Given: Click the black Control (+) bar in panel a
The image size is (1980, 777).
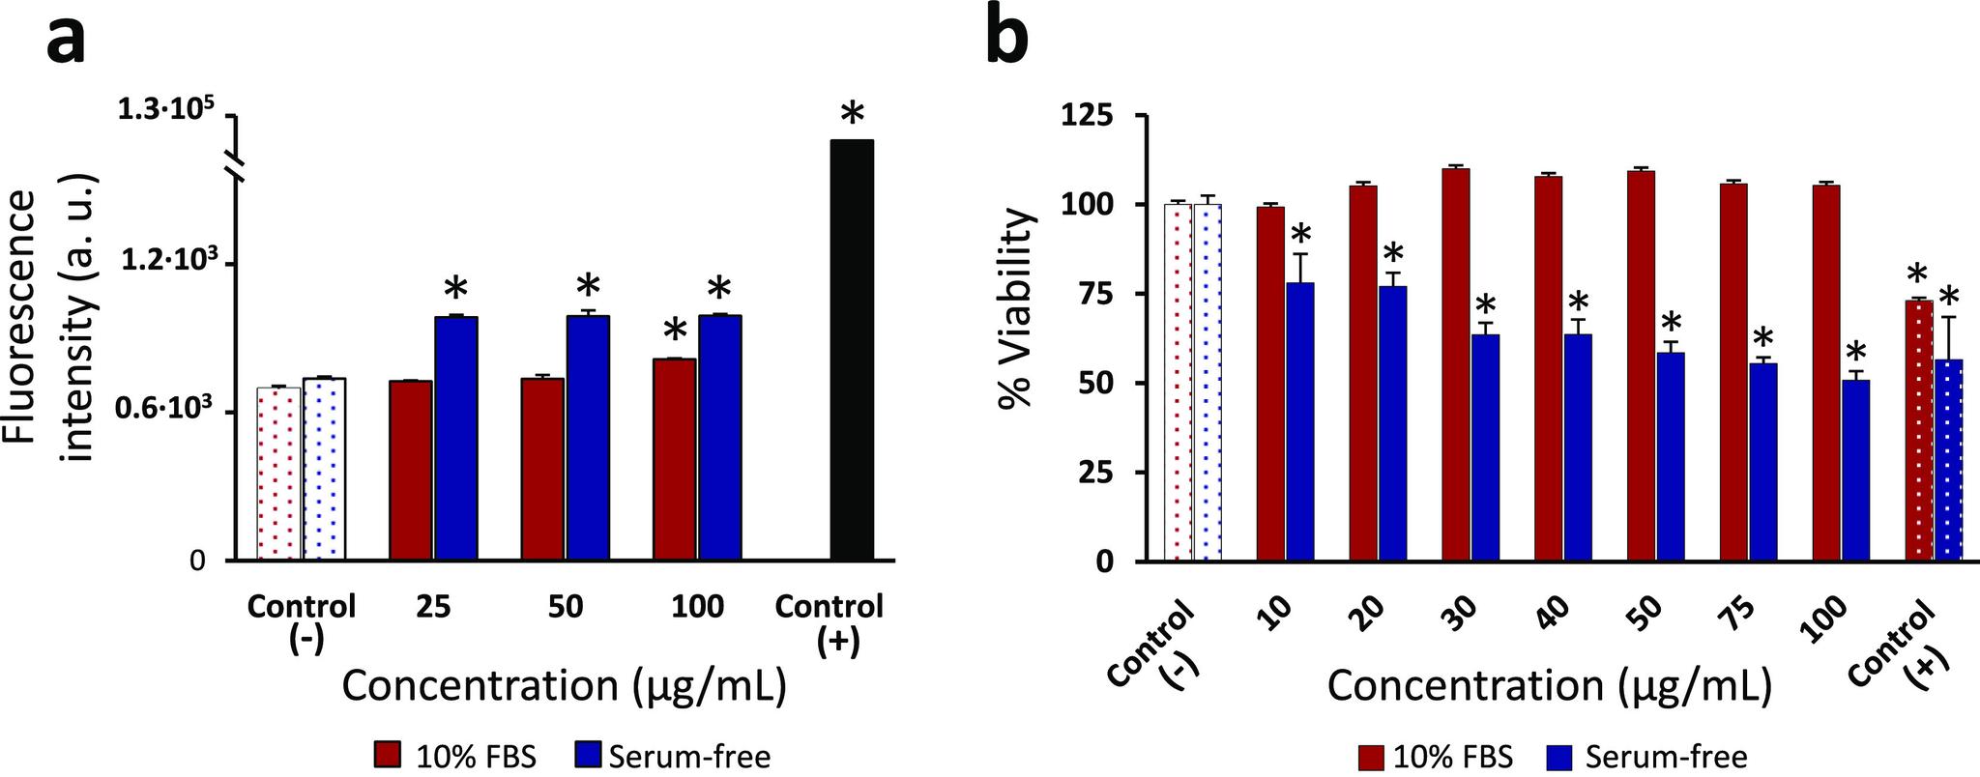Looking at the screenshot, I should tap(852, 350).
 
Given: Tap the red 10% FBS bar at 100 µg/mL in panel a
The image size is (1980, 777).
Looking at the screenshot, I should tap(674, 459).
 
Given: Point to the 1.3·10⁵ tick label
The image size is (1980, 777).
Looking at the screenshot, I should tap(162, 111).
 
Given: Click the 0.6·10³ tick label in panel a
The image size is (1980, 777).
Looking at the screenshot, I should tap(163, 412).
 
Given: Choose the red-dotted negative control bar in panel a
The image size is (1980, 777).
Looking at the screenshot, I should tap(277, 474).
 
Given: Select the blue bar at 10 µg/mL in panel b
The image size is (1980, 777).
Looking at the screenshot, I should tap(1300, 421).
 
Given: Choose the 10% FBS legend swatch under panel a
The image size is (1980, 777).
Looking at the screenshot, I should tap(389, 755).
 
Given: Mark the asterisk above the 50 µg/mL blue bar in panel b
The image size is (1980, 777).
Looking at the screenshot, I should tap(1672, 324).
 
